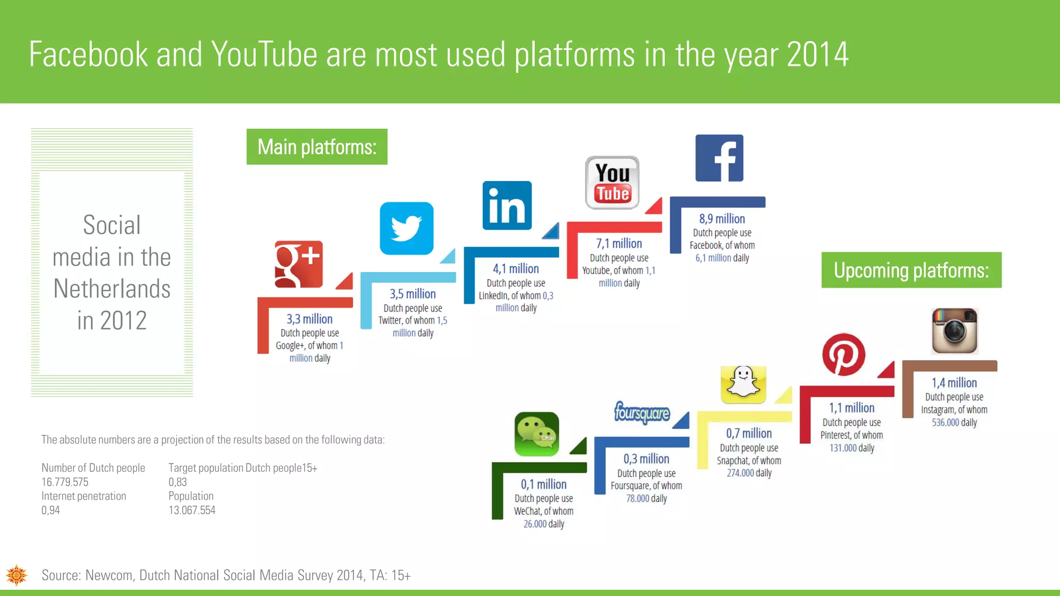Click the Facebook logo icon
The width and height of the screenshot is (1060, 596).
pos(719,158)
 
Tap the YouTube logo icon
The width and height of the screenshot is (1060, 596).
pos(612,183)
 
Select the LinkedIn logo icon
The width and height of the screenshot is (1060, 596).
pos(507,205)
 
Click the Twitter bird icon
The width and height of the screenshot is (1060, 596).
pos(406,228)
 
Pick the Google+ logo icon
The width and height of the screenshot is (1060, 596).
pos(299,264)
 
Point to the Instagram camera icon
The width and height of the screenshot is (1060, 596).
pos(954,331)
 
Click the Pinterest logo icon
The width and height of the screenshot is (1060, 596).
pos(844,354)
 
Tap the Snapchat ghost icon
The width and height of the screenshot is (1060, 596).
pos(743,384)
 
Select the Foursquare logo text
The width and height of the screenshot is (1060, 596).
pos(642,413)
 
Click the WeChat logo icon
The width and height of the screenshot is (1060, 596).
pos(537,434)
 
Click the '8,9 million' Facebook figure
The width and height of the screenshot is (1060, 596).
pos(722,219)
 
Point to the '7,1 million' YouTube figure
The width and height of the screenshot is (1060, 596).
pos(619,244)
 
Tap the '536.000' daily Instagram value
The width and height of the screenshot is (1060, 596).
pos(945,423)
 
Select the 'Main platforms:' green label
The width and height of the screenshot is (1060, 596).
pos(317,147)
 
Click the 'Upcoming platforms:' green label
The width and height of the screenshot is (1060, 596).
pos(911,270)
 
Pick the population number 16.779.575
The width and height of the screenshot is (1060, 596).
pos(65,482)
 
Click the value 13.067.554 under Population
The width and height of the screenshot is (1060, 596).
pos(192,510)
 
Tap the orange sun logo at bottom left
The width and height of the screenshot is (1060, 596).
pos(17,575)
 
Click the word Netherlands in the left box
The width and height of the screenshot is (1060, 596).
pos(112,289)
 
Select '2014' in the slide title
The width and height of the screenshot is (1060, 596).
pos(817,54)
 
